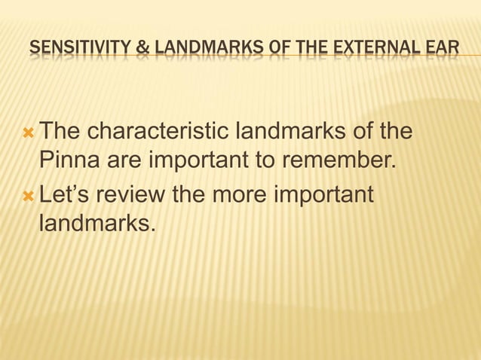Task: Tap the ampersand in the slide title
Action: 142,50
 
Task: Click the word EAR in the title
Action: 441,50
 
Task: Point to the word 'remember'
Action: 339,163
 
